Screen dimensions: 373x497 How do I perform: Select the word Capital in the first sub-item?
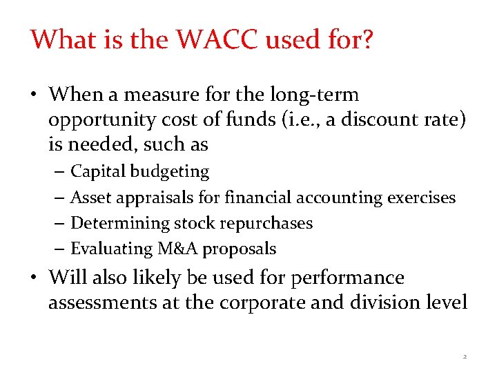(98, 171)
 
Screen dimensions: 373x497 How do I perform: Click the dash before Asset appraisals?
(57, 198)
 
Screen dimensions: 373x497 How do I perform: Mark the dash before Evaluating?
(57, 249)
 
